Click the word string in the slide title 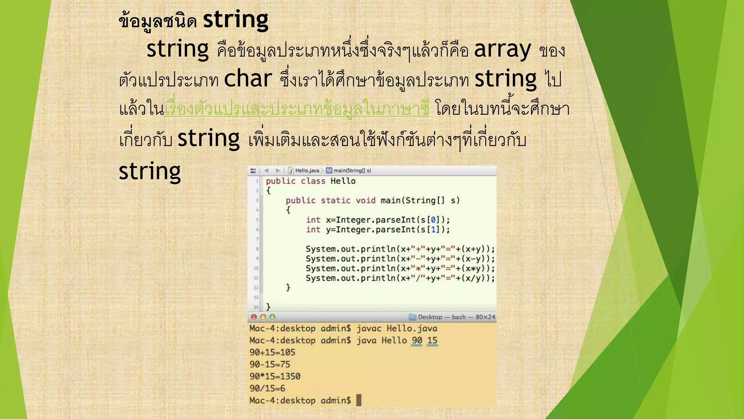(x=235, y=20)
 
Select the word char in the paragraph (x=248, y=79)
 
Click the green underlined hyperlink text (x=297, y=109)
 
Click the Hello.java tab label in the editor (x=307, y=171)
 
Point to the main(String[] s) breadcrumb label (x=352, y=171)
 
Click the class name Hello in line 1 (x=343, y=181)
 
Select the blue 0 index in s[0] (x=433, y=220)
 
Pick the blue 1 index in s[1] (x=433, y=230)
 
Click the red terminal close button (x=254, y=317)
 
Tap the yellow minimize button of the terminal (x=263, y=317)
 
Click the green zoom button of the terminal (x=272, y=317)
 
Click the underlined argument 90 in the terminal (x=417, y=340)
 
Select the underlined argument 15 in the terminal (x=432, y=340)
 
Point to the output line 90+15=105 (x=272, y=352)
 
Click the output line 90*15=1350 (x=275, y=376)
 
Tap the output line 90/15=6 (x=267, y=388)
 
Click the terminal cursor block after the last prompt (x=359, y=400)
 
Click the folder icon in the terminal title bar (x=412, y=317)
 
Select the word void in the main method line (x=365, y=200)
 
